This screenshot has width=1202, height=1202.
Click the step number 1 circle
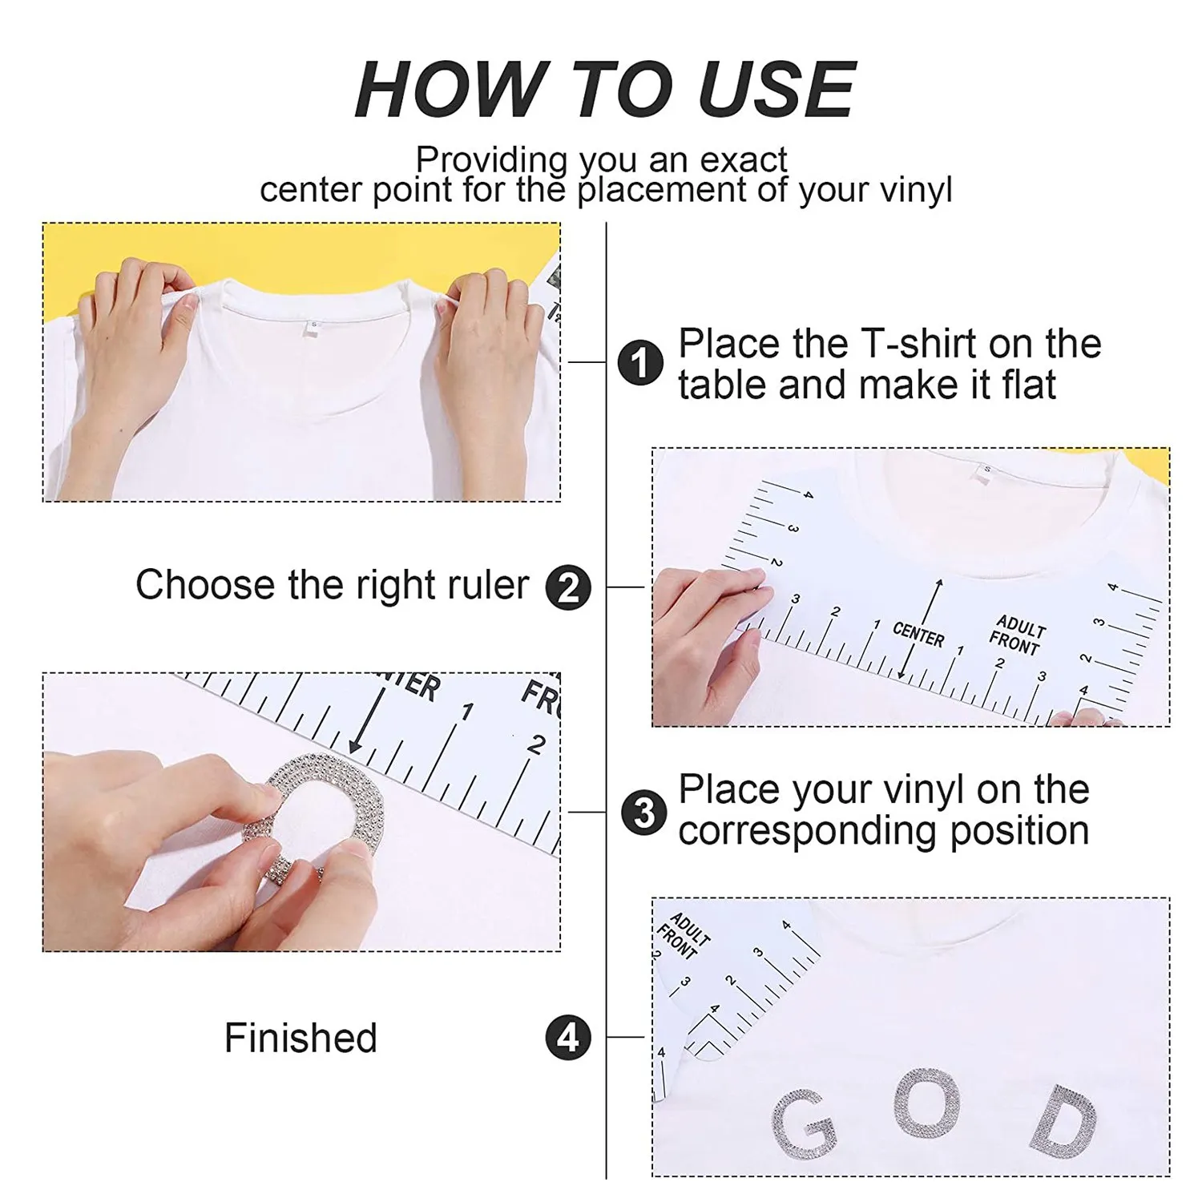(x=640, y=363)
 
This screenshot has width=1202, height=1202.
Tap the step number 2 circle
(x=568, y=588)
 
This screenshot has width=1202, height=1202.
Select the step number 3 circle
(x=644, y=813)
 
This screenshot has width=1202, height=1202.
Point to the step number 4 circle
(x=568, y=1038)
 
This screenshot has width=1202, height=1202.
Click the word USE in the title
(x=776, y=90)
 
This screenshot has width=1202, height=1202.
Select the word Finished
(x=300, y=1038)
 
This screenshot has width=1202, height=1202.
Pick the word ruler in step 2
(x=487, y=585)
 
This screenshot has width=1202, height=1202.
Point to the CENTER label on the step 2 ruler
(x=918, y=635)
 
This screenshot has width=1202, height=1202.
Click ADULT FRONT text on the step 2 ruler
(x=1016, y=635)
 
